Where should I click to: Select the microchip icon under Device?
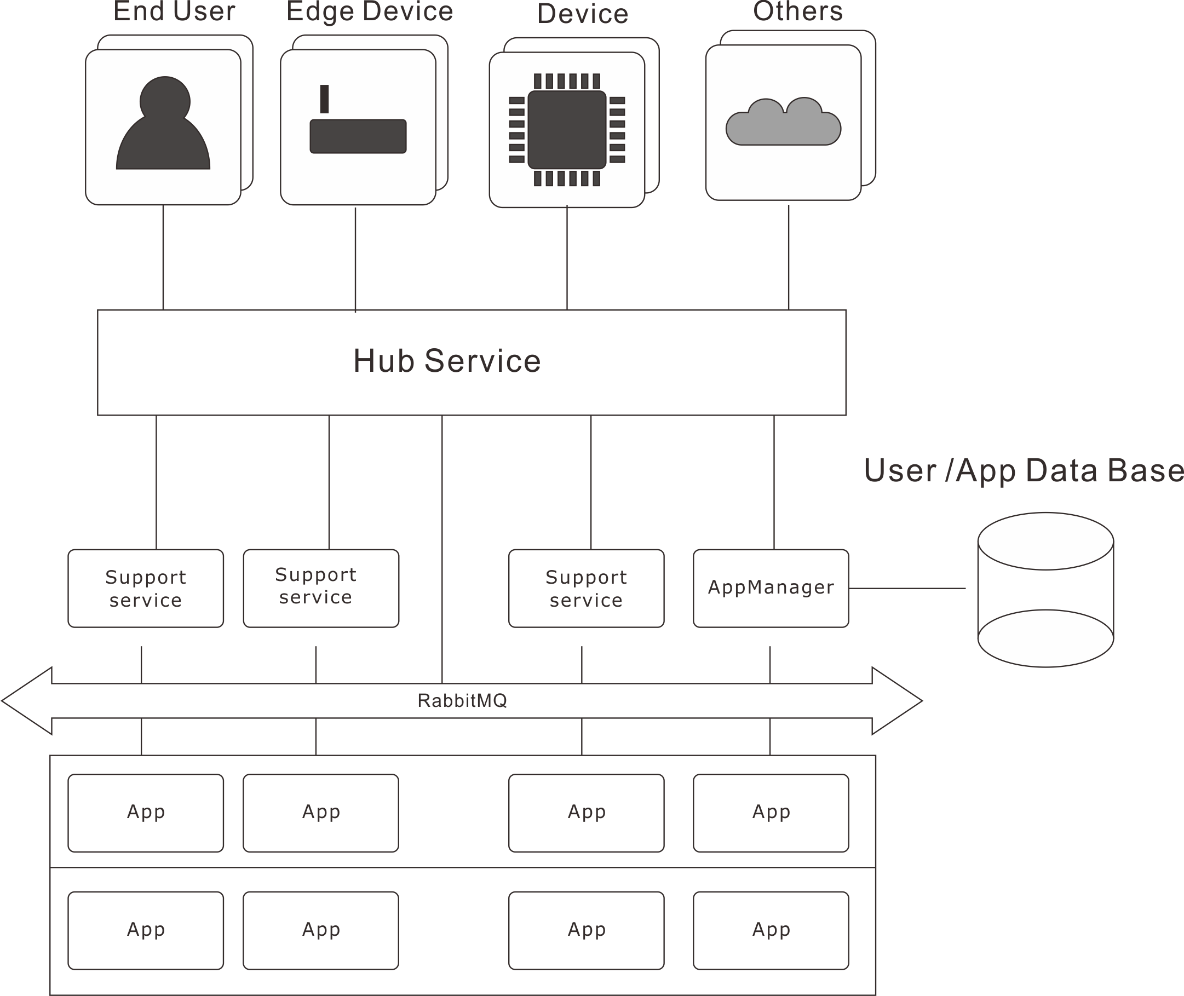pos(567,129)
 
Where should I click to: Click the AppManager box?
pos(771,588)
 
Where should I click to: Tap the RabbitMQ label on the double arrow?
pos(462,700)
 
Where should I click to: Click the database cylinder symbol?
pos(1045,590)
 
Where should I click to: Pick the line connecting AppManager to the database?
pos(907,588)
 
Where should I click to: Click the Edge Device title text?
pos(370,11)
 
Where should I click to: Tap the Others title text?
pos(798,11)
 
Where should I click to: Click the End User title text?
pos(175,11)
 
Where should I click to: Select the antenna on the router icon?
pos(324,99)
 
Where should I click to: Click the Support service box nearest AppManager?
pos(586,588)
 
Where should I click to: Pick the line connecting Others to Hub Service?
pos(788,257)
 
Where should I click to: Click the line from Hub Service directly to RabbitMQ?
pos(442,548)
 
